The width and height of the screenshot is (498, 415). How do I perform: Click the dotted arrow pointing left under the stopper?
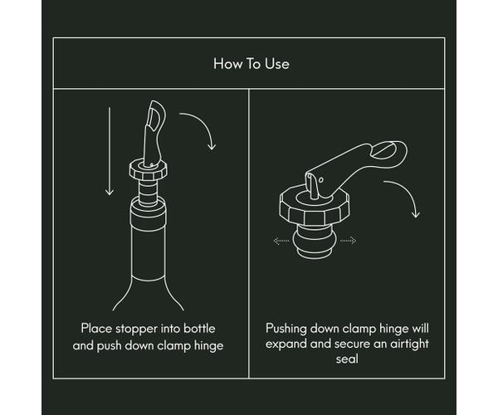point(281,242)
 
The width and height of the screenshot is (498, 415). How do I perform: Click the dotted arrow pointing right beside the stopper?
point(349,242)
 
